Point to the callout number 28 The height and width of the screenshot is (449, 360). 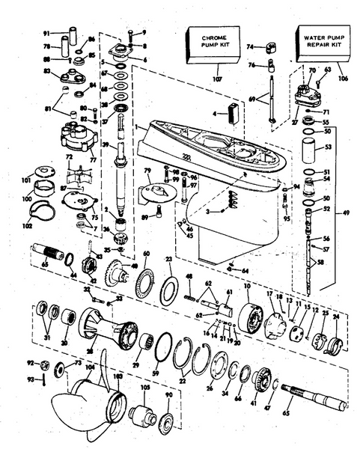point(91,351)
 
